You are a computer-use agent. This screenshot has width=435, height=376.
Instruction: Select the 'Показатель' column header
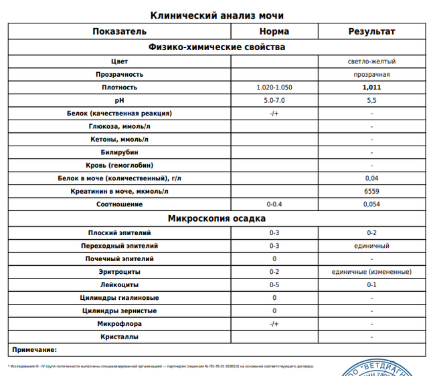pos(119,31)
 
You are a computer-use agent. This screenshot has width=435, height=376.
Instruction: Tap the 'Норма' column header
pos(274,31)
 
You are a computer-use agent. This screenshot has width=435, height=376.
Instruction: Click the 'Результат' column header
pos(371,31)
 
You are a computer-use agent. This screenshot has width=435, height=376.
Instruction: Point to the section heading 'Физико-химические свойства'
pos(217,47)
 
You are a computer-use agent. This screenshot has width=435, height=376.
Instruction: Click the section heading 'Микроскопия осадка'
pos(217,218)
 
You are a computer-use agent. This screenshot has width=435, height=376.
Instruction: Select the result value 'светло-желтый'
pos(371,61)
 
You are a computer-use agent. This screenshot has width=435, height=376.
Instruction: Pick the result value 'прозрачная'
pos(371,74)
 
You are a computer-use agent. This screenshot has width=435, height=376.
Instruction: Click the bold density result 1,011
pos(371,87)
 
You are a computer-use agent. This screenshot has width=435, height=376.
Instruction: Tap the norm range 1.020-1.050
pos(274,87)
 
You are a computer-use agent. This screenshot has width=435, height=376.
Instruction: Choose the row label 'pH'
pos(119,100)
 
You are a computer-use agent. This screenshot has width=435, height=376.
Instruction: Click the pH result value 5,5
pos(371,100)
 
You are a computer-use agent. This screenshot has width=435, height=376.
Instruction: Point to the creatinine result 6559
pos(371,192)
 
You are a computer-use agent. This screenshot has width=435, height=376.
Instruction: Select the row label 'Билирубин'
pos(119,152)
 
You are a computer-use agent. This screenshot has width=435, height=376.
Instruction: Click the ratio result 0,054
pos(371,204)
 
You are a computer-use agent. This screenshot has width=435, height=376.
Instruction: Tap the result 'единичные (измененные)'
pos(371,272)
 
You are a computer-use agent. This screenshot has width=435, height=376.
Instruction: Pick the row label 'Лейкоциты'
pos(119,285)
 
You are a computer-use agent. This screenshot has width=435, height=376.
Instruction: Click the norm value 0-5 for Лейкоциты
pos(274,285)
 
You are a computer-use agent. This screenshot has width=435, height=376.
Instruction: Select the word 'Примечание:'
pos(35,349)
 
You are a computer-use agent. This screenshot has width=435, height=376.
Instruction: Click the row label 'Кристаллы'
pos(119,337)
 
